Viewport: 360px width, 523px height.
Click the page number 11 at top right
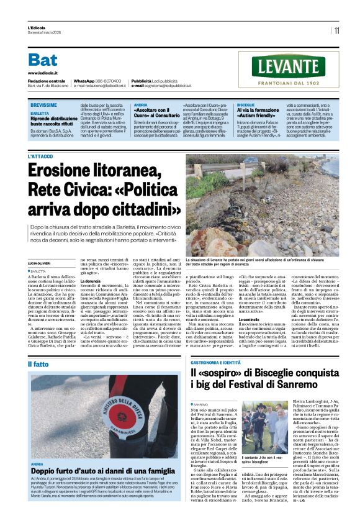pos(336,30)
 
